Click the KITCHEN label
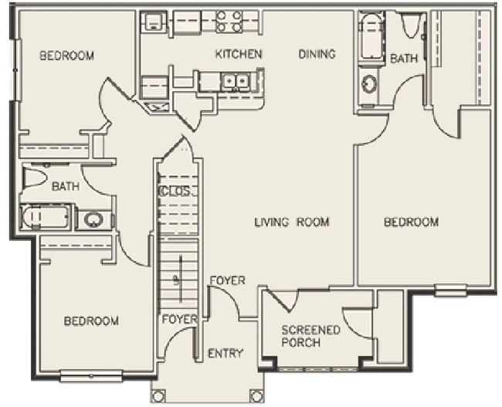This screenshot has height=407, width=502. (x=239, y=54)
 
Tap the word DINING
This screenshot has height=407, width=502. (x=317, y=54)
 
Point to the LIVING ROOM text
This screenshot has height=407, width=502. (x=292, y=222)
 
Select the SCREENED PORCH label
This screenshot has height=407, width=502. (x=310, y=336)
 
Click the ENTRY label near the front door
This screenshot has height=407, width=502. (x=226, y=354)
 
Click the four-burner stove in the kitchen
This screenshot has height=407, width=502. (x=229, y=21)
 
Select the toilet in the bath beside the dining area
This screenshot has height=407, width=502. (x=411, y=25)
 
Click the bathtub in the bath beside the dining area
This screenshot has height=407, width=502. (x=371, y=36)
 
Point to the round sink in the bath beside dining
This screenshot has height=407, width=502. (x=370, y=83)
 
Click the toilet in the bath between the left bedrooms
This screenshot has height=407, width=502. (x=35, y=177)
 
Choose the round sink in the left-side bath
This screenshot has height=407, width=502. (x=93, y=220)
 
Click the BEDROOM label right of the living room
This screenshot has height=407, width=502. (x=412, y=222)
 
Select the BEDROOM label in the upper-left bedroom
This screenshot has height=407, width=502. (x=67, y=56)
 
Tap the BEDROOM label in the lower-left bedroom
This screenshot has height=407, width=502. (x=91, y=321)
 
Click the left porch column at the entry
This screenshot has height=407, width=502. (x=158, y=396)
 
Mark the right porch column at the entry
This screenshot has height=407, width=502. (x=255, y=396)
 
